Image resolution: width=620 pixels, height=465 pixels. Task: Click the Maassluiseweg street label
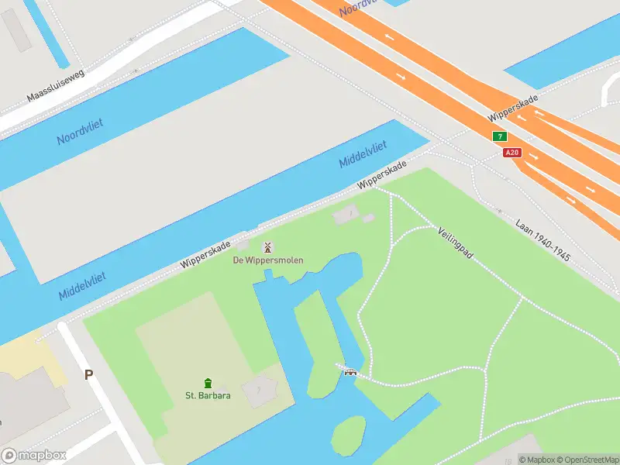[55, 86]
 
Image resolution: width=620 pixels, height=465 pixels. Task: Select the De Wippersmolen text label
[268, 260]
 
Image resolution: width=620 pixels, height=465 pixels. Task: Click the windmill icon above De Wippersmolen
[267, 247]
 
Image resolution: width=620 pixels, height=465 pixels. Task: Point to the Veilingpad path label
[455, 243]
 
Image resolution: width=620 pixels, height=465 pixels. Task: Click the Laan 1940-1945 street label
[542, 239]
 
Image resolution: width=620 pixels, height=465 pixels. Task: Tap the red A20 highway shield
[511, 153]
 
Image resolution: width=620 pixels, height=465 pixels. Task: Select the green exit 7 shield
[501, 136]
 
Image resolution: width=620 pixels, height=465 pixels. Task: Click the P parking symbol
[88, 374]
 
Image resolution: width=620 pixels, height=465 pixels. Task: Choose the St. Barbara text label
[208, 395]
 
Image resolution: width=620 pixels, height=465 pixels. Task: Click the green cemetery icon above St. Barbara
[208, 383]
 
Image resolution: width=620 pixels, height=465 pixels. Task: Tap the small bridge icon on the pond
[350, 372]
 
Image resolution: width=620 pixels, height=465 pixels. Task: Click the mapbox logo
[33, 456]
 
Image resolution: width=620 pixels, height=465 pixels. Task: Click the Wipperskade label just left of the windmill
[205, 254]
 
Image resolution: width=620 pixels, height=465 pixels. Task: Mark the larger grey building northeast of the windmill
[346, 214]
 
